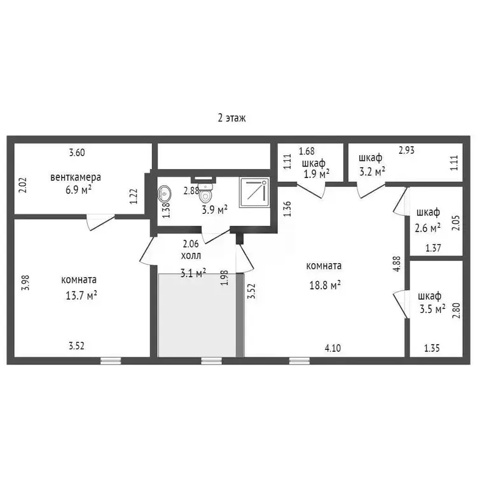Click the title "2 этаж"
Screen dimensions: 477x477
point(232,118)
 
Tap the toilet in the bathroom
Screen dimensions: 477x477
point(206,193)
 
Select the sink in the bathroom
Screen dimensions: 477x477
point(164,194)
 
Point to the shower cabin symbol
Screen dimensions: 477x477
point(254,193)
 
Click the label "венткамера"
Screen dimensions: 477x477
point(76,177)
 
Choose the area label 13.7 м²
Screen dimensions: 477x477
point(81,295)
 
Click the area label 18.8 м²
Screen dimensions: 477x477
point(325,285)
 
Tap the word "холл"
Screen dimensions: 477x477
point(191,256)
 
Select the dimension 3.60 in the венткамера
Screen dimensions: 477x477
point(77,153)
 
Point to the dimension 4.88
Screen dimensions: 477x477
point(397,264)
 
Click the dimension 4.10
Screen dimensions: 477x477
point(333,348)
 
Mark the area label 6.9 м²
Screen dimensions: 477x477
point(78,190)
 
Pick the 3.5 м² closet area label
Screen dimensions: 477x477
point(432,309)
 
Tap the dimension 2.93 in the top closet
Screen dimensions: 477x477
point(407,150)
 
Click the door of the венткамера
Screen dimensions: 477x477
point(100,223)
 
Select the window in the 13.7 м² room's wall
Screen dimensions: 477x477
point(111,361)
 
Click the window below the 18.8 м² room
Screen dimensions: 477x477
point(300,361)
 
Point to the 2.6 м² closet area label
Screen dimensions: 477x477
point(428,228)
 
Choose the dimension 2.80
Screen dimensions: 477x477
point(456,310)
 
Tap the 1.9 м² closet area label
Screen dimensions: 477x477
point(316,174)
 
